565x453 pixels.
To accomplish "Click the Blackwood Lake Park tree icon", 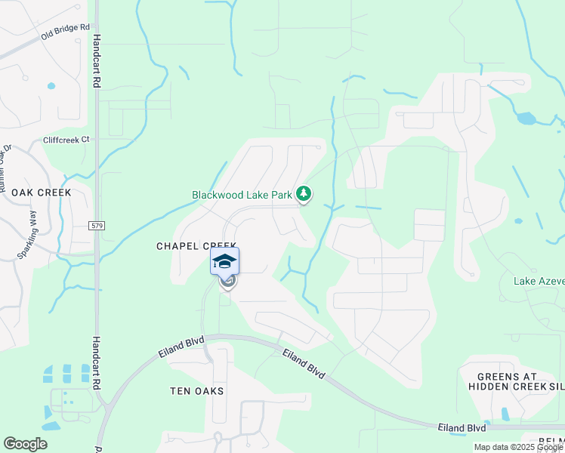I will [304, 194].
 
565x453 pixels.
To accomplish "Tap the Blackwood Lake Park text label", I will [242, 195].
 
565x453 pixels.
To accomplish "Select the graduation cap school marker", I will [225, 261].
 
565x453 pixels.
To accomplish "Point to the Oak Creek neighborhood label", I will [41, 193].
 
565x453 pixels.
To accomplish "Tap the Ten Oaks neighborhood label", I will [196, 390].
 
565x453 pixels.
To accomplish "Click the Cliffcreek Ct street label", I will [66, 140].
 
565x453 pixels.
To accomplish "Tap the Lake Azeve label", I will [539, 281].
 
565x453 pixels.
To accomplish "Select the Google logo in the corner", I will [25, 444].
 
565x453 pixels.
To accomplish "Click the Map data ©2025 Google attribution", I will [517, 447].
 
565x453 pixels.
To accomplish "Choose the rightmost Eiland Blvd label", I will [462, 427].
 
